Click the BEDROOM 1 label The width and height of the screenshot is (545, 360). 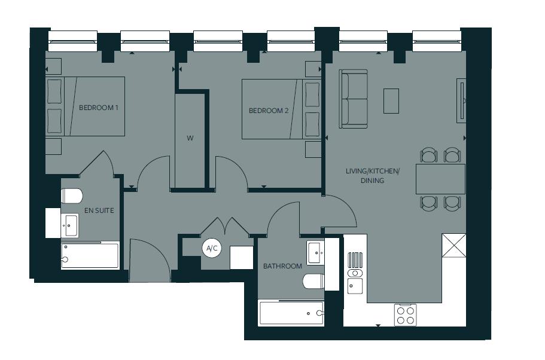click(x=99, y=108)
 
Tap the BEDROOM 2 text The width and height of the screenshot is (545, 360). click(x=269, y=111)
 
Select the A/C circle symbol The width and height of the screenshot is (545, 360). click(x=211, y=248)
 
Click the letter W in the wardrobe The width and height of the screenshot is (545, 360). click(x=190, y=138)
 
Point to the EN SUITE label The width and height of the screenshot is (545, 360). click(x=99, y=210)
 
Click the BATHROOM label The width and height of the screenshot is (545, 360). click(x=282, y=266)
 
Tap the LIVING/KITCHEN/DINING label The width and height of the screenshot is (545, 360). click(x=372, y=176)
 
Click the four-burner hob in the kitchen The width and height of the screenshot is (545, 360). click(x=405, y=315)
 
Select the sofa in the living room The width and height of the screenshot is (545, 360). click(x=354, y=99)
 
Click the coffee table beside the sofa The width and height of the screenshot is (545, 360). click(x=391, y=100)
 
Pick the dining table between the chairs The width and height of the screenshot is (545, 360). click(x=440, y=179)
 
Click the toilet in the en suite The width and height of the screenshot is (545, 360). click(x=72, y=196)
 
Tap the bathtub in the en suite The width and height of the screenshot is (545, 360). click(x=90, y=256)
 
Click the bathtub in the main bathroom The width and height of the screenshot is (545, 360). click(x=291, y=313)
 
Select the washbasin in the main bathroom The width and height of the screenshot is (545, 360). click(x=316, y=252)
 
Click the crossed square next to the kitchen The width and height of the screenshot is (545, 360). click(x=453, y=246)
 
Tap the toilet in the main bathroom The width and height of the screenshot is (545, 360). click(x=313, y=280)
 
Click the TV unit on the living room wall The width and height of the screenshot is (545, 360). click(x=461, y=100)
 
